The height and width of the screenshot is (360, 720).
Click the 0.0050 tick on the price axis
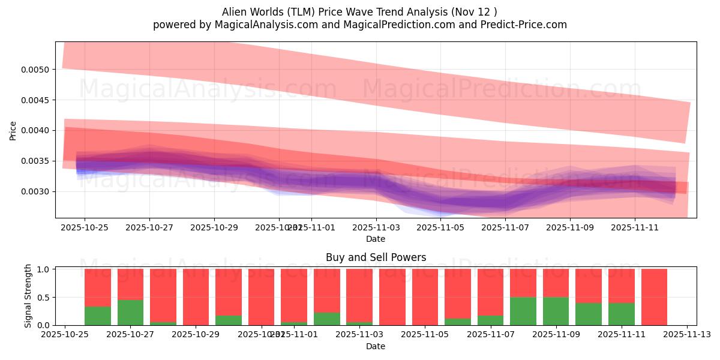click(37, 70)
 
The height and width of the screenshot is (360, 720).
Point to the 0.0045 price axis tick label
click(37, 100)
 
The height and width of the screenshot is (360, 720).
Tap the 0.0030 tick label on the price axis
click(37, 192)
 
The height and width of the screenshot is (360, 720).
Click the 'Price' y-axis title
click(13, 130)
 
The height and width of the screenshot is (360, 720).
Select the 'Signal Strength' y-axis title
click(28, 296)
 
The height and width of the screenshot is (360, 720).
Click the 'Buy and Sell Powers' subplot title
click(376, 257)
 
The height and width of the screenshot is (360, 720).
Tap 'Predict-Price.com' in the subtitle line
click(521, 25)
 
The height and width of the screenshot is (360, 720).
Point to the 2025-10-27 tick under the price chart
click(149, 227)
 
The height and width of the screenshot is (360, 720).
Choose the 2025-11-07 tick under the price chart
click(505, 227)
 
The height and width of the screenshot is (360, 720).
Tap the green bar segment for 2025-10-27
click(130, 313)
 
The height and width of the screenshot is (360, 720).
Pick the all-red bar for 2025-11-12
click(654, 297)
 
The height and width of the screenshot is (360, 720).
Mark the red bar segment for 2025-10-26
click(98, 287)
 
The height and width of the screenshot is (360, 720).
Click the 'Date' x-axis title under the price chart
click(376, 239)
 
